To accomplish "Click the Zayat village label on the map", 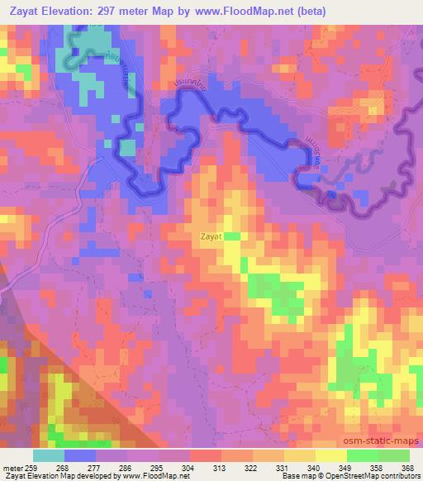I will click(211, 236).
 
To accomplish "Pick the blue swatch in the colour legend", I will click(80, 455).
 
